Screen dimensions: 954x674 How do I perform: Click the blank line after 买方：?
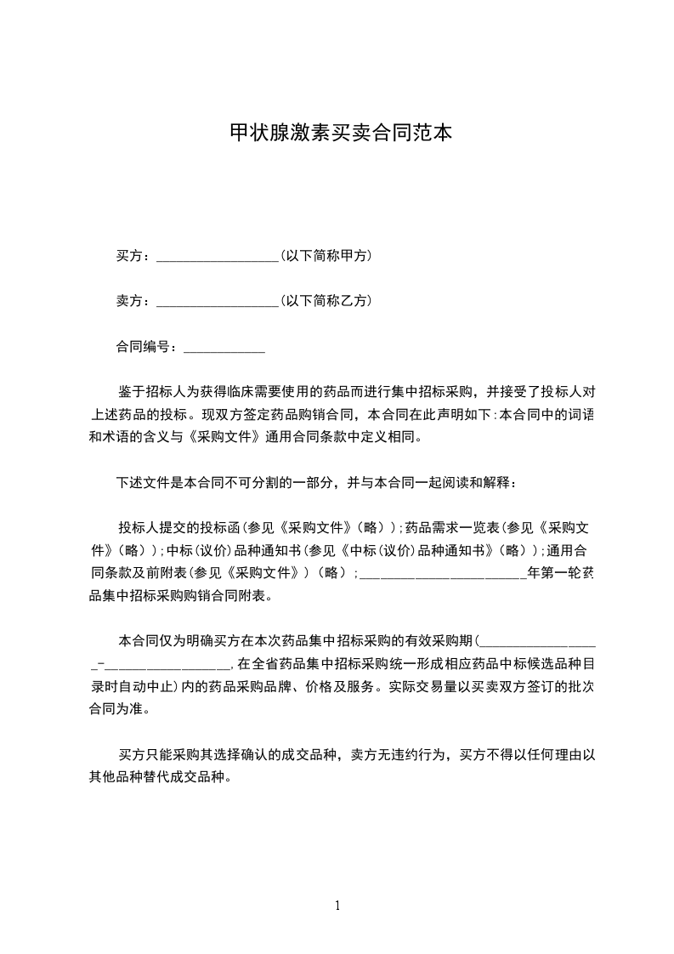click(x=218, y=257)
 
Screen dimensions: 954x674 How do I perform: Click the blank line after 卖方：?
click(x=218, y=302)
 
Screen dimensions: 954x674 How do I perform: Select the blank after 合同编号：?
click(x=224, y=348)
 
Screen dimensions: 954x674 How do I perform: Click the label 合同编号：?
click(x=148, y=347)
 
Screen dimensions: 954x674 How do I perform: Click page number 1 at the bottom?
click(x=337, y=906)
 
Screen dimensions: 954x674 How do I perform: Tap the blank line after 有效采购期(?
click(x=539, y=640)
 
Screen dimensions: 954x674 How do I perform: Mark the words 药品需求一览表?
click(x=449, y=527)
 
